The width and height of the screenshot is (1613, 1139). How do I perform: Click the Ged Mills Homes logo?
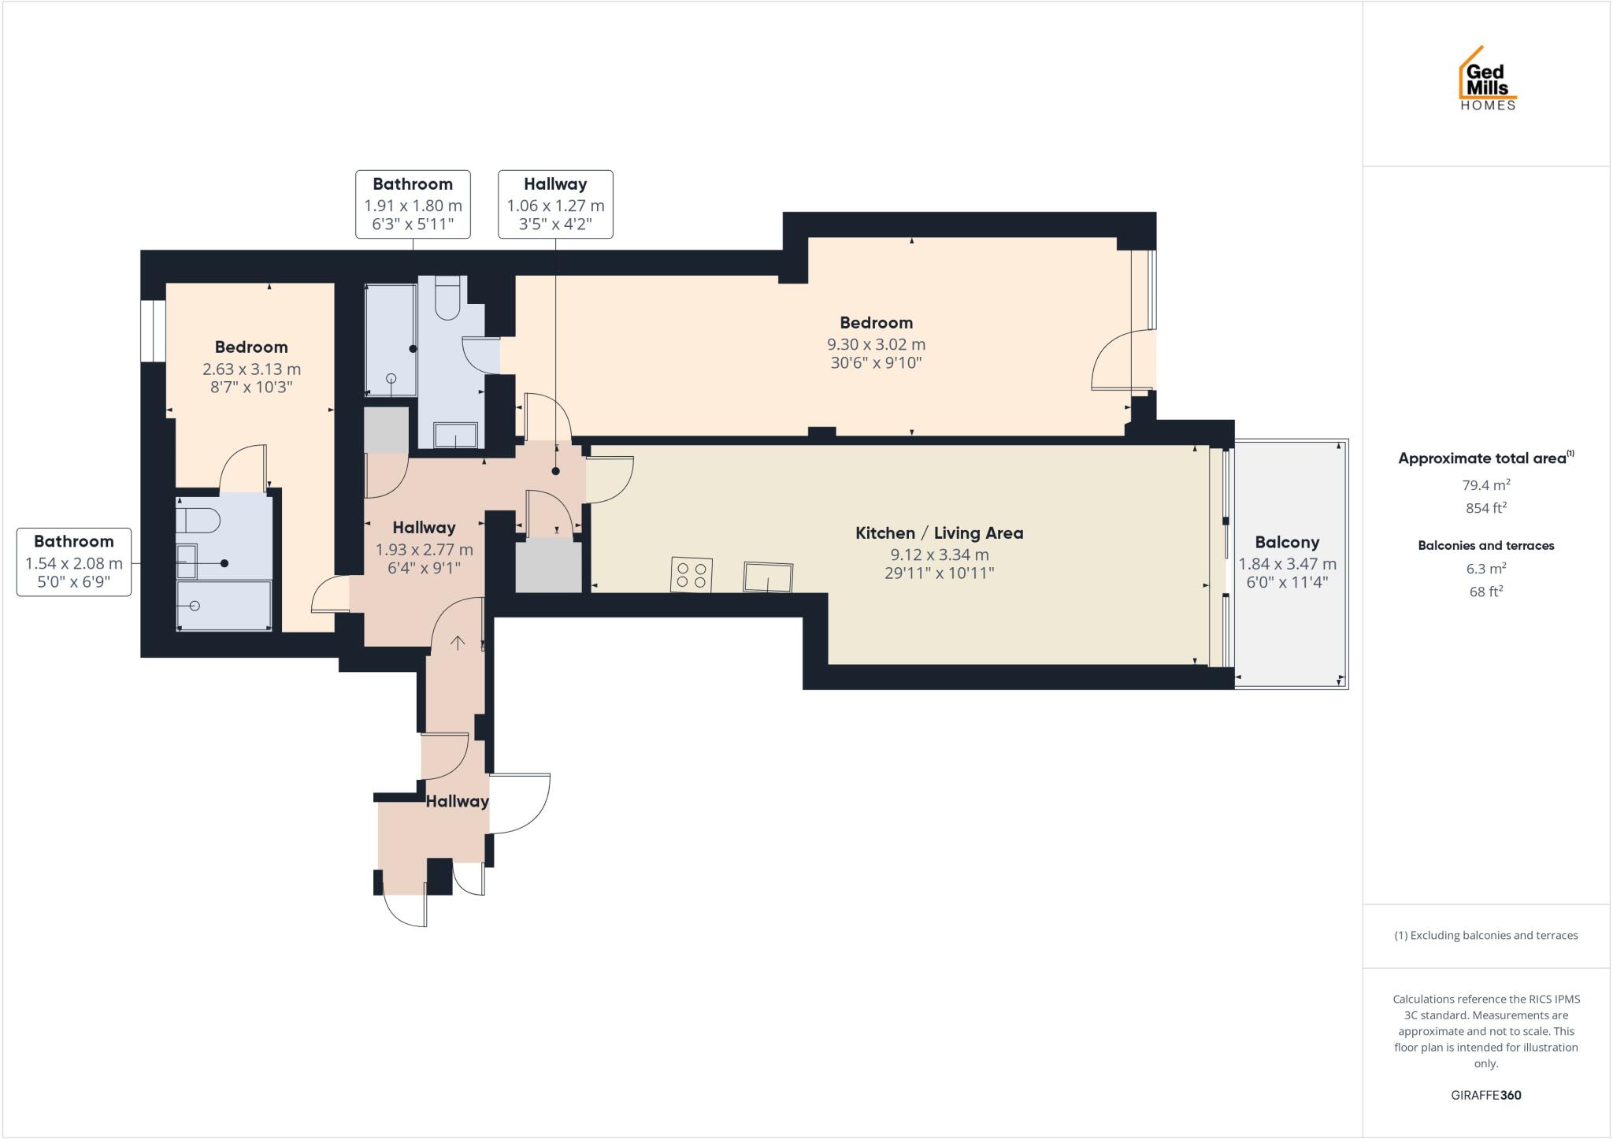click(x=1487, y=79)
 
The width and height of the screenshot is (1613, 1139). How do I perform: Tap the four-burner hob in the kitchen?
click(x=692, y=574)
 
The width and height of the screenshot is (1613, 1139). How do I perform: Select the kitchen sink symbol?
click(x=768, y=577)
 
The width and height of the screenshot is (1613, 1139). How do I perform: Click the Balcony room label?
click(x=1287, y=542)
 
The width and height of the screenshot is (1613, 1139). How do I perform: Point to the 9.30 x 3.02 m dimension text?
click(x=876, y=344)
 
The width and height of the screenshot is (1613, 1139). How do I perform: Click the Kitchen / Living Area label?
click(x=939, y=532)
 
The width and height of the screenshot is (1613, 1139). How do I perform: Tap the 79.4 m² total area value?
click(x=1485, y=485)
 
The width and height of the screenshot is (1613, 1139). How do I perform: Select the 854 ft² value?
click(x=1485, y=508)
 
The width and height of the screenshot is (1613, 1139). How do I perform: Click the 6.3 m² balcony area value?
click(x=1485, y=568)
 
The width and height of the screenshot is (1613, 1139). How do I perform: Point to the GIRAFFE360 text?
click(x=1485, y=1095)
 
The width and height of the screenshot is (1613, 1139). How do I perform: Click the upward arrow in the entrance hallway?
click(x=458, y=642)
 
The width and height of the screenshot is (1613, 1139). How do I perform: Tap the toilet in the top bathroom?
click(x=447, y=298)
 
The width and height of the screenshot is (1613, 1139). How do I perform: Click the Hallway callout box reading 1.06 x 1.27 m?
click(x=555, y=204)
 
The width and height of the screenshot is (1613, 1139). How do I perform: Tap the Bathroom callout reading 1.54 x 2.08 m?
click(x=74, y=562)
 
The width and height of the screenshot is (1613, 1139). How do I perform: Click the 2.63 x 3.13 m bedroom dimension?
click(x=251, y=369)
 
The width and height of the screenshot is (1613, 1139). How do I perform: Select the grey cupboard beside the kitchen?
click(x=548, y=565)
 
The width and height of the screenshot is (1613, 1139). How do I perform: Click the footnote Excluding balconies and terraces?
click(x=1485, y=936)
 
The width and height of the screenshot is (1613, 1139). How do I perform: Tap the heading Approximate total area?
click(x=1481, y=458)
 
